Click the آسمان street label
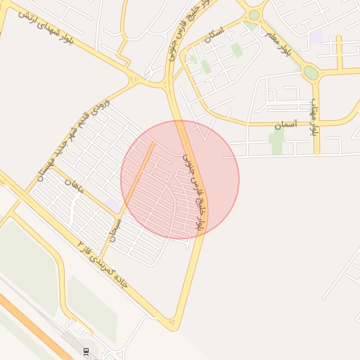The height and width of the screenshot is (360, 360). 287,124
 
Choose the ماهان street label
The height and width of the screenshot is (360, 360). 74,186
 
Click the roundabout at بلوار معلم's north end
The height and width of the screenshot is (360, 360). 254,14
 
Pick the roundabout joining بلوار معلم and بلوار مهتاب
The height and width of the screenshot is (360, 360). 310,72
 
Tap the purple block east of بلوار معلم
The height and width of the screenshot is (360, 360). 316,35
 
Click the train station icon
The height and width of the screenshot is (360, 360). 86,352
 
